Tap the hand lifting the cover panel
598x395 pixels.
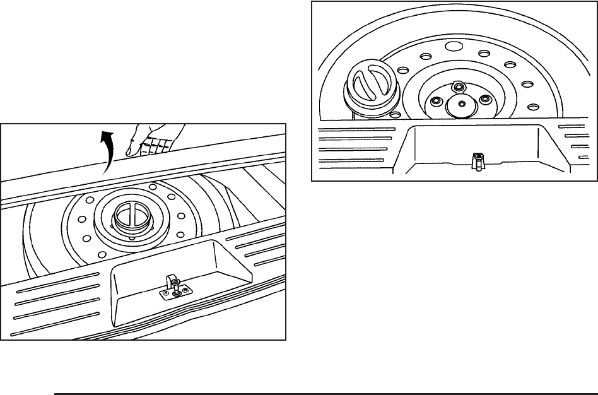pyautogui.click(x=155, y=139)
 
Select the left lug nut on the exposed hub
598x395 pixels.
pyautogui.click(x=434, y=100)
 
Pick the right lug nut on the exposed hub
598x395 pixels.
pyautogui.click(x=484, y=100)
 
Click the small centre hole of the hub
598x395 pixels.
pyautogui.click(x=462, y=103)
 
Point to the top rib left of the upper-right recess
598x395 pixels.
pyautogui.click(x=356, y=129)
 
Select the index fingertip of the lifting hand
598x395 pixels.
pyautogui.click(x=129, y=153)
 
